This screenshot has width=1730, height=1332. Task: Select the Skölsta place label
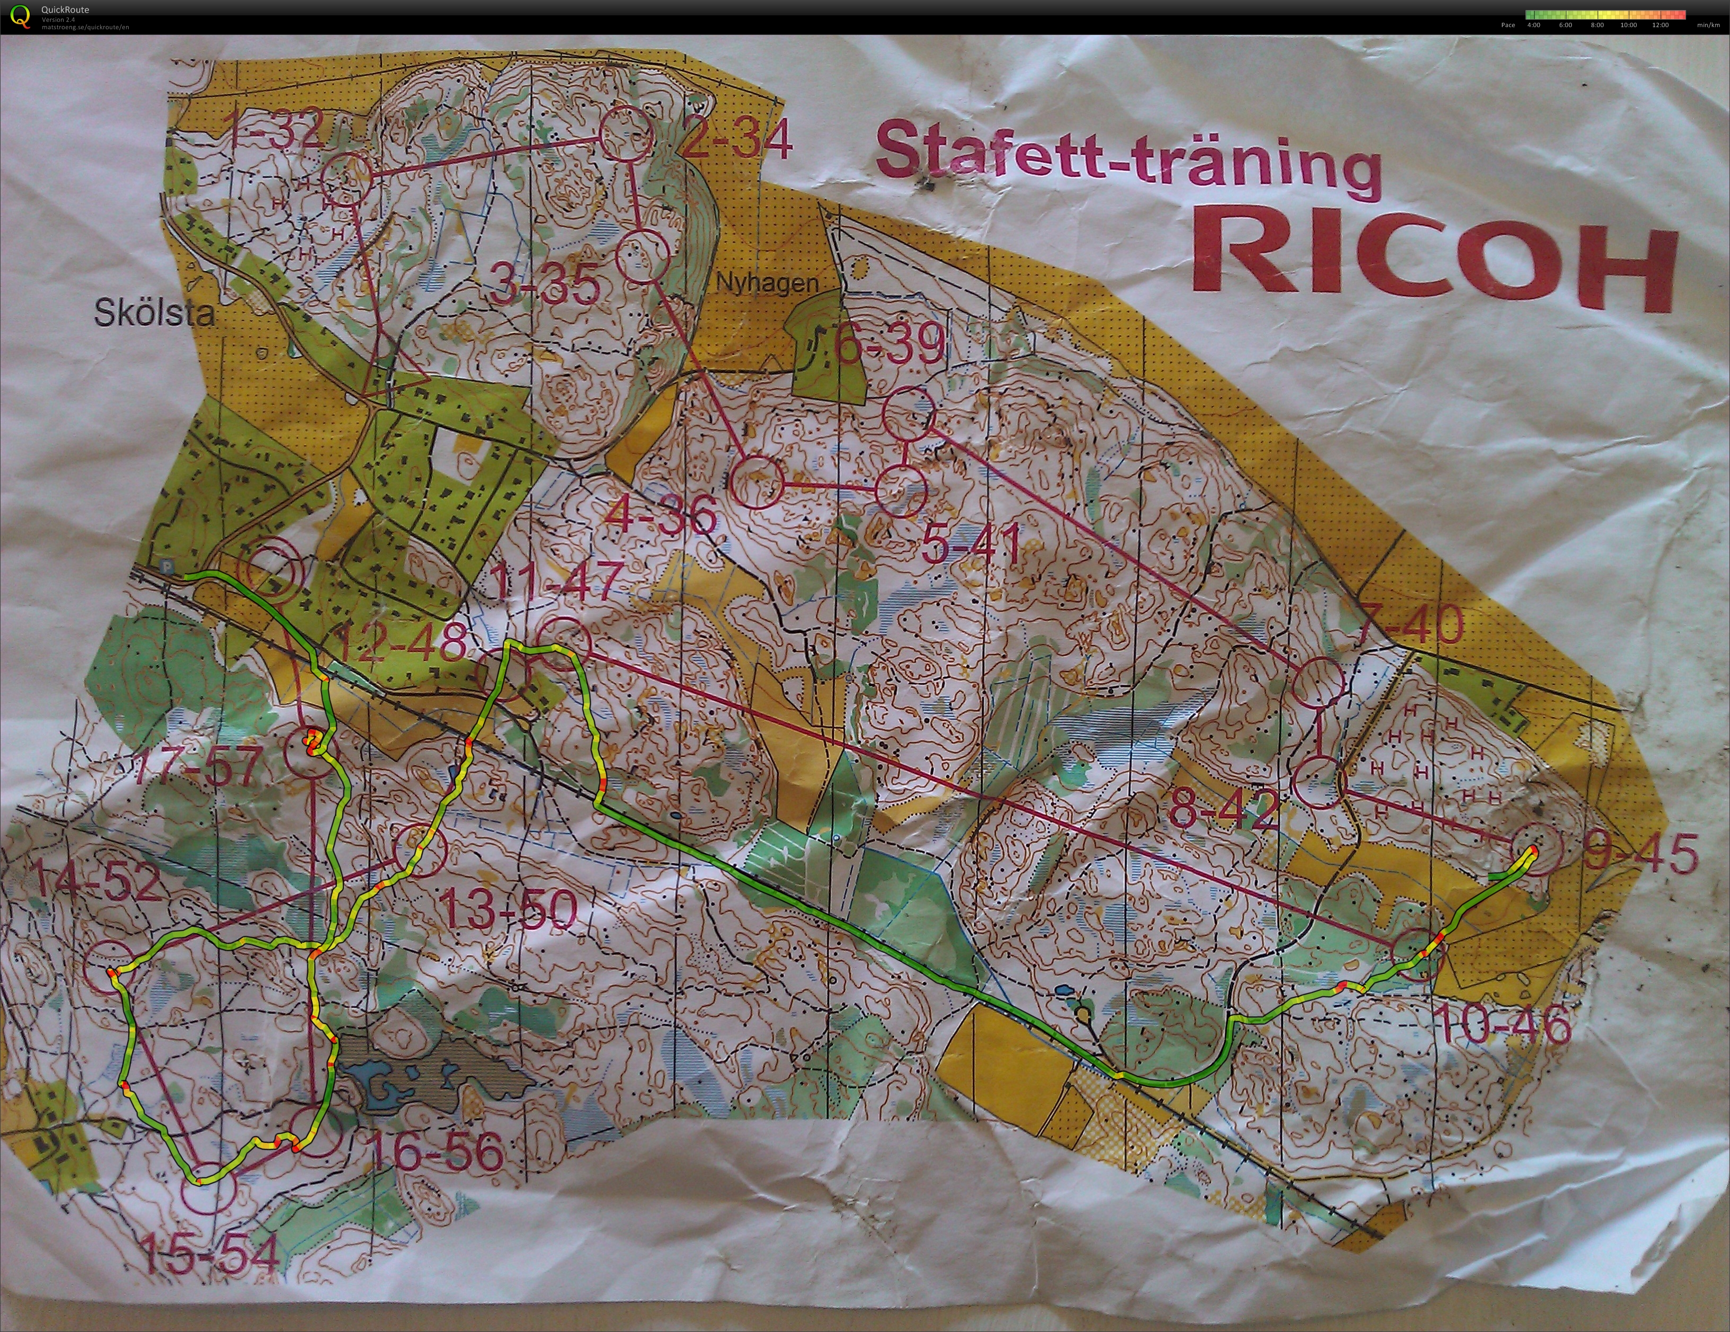[155, 314]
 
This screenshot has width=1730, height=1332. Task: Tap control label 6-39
[890, 344]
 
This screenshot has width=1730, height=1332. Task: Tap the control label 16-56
[435, 1152]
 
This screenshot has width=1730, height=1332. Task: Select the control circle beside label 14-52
[109, 967]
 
